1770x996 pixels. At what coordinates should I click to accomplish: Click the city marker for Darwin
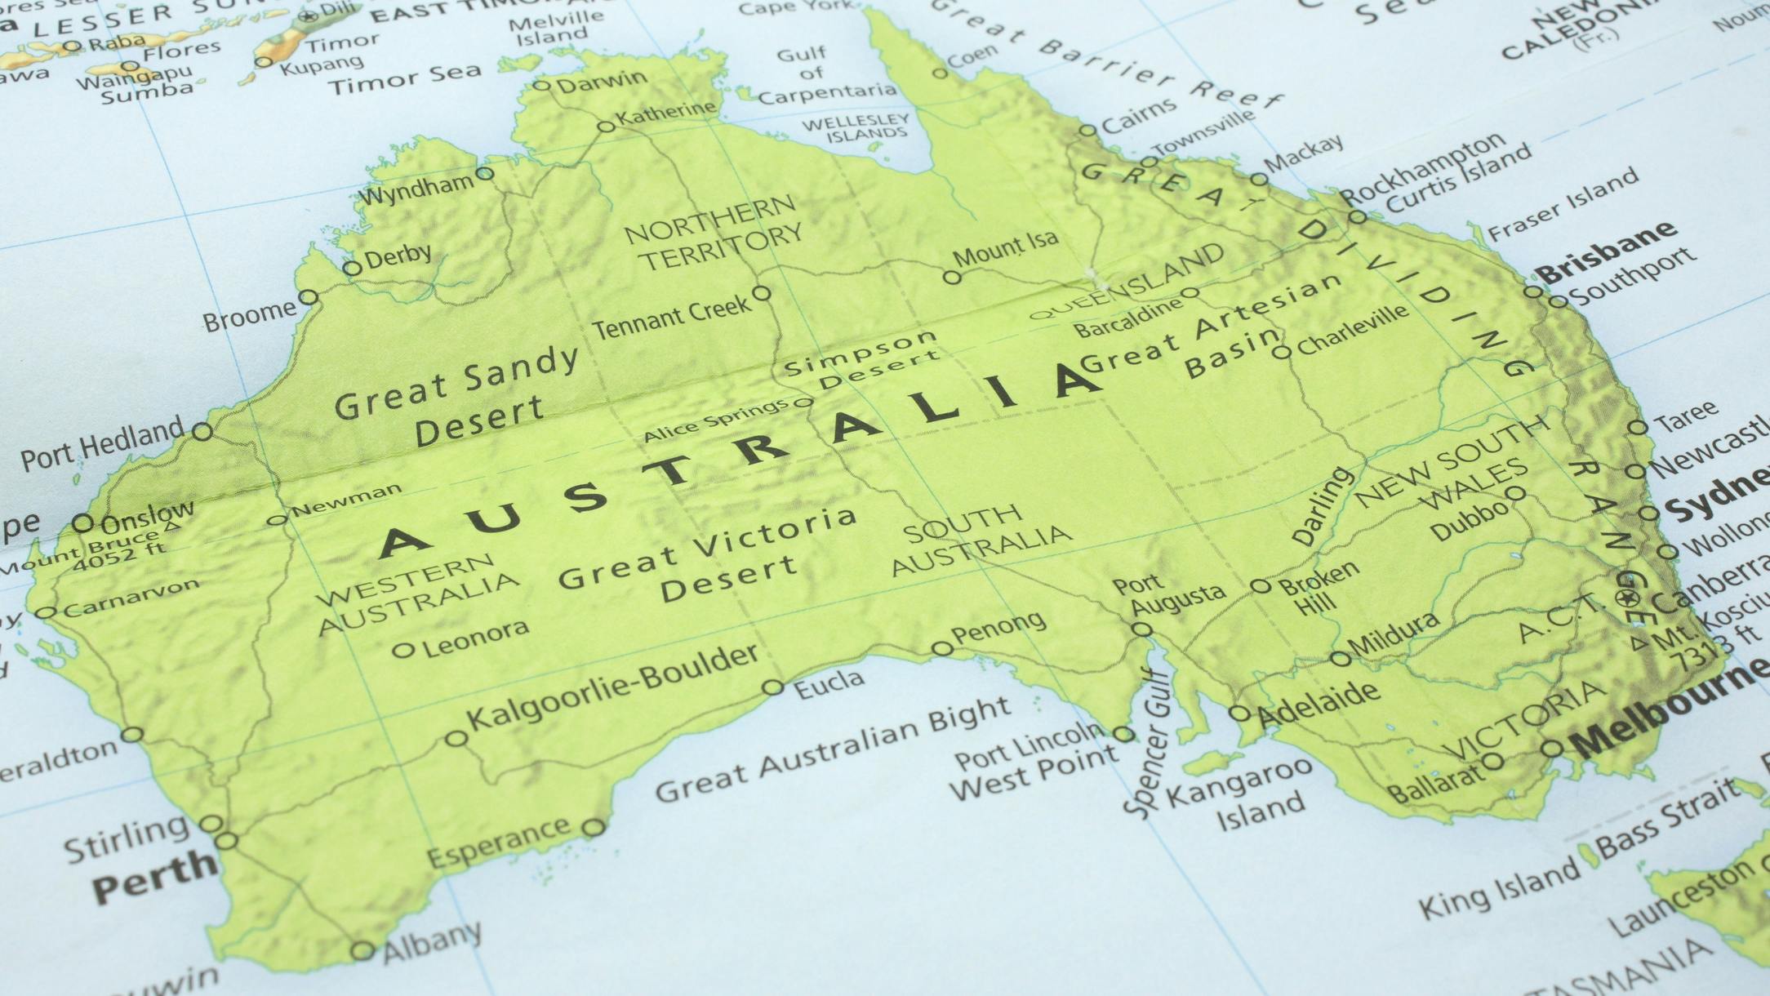click(x=541, y=85)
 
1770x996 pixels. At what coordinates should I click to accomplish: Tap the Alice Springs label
click(x=715, y=420)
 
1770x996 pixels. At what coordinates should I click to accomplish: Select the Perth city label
click(x=153, y=874)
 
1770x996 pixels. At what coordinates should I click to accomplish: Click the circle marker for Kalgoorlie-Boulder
click(x=456, y=739)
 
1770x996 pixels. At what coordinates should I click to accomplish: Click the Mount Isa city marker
click(x=952, y=278)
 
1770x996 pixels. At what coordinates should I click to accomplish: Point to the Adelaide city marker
click(x=1239, y=714)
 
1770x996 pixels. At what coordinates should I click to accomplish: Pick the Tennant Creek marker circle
click(x=761, y=293)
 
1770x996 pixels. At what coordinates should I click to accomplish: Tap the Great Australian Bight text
click(x=834, y=751)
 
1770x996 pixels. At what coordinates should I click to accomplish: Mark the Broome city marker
click(x=308, y=297)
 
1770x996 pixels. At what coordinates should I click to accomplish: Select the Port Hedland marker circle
click(x=202, y=431)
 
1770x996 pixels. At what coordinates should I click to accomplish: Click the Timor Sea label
click(x=406, y=79)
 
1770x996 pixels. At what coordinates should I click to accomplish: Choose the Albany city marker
click(x=362, y=951)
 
